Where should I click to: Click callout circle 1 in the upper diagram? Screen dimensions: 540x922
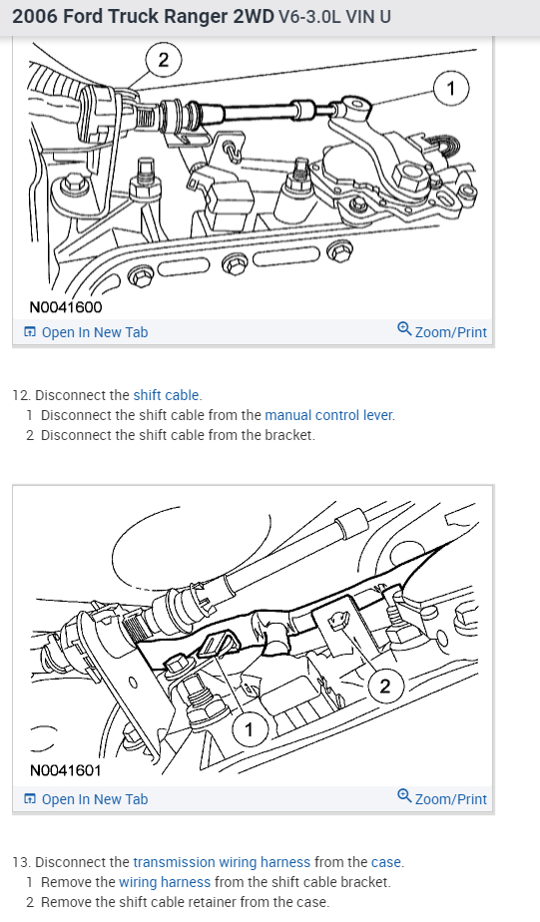(x=451, y=89)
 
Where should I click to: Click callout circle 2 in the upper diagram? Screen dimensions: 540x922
(x=164, y=60)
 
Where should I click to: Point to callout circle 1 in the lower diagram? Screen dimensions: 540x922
(x=249, y=729)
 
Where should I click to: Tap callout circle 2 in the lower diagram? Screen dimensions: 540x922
(x=385, y=687)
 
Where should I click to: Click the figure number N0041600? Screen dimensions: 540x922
(x=65, y=307)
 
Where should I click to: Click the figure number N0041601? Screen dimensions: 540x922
(x=65, y=769)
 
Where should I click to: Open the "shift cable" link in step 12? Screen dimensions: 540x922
(x=167, y=395)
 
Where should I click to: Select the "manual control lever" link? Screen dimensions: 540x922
(x=328, y=415)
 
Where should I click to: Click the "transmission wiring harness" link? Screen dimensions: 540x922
(x=222, y=862)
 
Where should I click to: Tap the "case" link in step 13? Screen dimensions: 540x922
(x=386, y=862)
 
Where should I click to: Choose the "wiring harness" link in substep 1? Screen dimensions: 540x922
(x=165, y=882)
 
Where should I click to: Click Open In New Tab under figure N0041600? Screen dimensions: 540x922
(x=86, y=332)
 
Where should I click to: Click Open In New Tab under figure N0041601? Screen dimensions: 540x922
(x=86, y=799)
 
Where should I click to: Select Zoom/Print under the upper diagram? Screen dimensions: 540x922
(x=442, y=331)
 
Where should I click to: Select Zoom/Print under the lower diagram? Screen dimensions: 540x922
(x=442, y=798)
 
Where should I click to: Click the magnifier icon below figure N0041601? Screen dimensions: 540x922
(x=404, y=796)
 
